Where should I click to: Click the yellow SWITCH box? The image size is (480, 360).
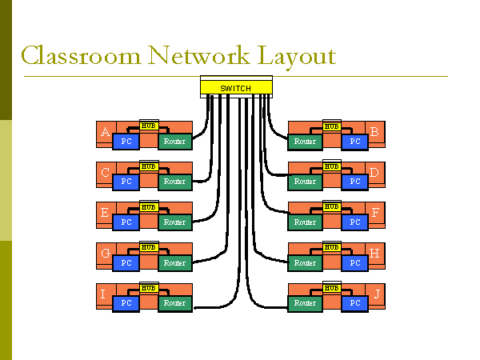[235, 86]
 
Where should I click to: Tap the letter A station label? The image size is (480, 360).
[105, 132]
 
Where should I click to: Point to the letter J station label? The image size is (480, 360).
[378, 295]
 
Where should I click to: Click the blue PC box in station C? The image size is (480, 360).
[126, 182]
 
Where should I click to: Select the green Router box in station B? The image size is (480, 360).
[305, 142]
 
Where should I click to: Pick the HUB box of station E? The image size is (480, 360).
[149, 207]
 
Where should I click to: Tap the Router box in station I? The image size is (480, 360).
[174, 303]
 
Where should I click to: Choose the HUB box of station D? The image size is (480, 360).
[331, 166]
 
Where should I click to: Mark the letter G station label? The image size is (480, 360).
[105, 254]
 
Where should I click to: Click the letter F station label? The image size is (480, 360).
[376, 214]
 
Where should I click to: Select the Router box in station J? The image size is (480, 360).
[305, 303]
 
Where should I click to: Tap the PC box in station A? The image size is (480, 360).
[126, 142]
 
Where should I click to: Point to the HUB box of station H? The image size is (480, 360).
[331, 248]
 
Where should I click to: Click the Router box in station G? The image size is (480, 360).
[174, 263]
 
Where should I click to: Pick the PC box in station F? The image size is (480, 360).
[355, 222]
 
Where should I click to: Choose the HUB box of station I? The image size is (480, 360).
[149, 288]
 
